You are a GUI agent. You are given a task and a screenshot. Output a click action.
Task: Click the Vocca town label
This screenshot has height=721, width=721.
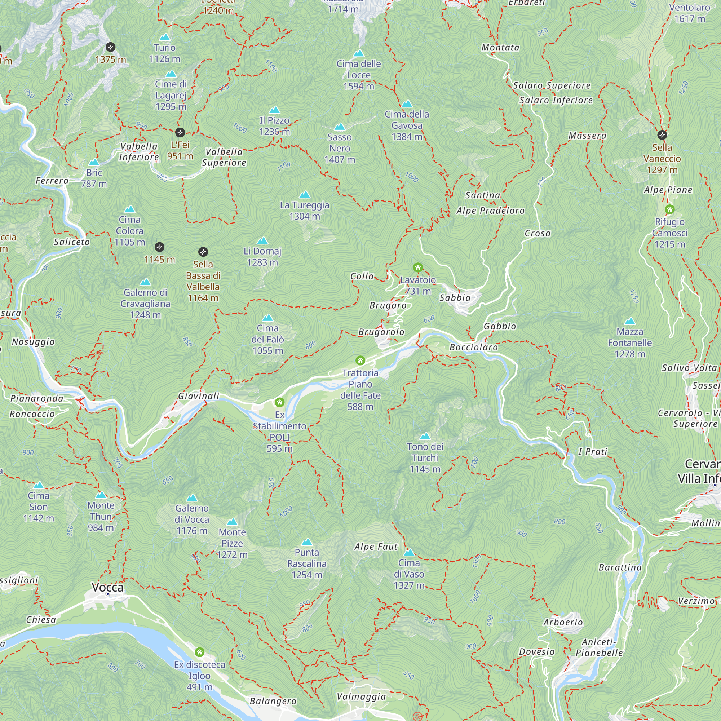pos(107,587)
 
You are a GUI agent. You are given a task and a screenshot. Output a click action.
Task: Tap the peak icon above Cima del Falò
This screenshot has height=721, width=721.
pos(267,318)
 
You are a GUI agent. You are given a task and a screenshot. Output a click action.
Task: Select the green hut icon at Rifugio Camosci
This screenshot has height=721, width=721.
pos(669,209)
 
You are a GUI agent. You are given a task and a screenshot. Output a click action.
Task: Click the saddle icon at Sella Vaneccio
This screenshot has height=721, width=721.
pos(662,135)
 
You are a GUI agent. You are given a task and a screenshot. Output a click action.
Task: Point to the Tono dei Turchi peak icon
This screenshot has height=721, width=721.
pos(425,436)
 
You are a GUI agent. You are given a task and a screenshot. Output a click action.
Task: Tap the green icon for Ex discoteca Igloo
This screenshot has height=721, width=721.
pos(200,652)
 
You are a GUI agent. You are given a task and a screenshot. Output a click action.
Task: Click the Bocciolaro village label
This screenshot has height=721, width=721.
pos(474,348)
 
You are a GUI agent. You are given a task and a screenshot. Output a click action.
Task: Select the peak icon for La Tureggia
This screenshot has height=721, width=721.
pos(305,195)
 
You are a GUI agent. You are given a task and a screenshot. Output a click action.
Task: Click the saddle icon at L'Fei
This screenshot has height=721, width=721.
pos(180,132)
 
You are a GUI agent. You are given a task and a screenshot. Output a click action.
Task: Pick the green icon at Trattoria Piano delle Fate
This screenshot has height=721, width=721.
pos(360,360)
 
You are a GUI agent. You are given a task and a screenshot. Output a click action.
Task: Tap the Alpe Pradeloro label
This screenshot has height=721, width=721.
pos(490,211)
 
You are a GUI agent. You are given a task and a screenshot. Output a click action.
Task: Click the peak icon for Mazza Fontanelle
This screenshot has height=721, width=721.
pos(630,321)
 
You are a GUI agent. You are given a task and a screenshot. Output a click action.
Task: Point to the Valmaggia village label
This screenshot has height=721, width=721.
pos(361,696)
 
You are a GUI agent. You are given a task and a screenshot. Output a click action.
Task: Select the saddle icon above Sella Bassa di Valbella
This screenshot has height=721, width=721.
pos(203,252)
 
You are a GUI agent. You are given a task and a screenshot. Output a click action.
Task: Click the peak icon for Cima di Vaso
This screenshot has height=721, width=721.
pos(409,552)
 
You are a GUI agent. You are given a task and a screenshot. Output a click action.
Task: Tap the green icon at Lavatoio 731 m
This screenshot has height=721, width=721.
pos(417,267)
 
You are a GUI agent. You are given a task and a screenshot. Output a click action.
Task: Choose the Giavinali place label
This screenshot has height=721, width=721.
pos(199,396)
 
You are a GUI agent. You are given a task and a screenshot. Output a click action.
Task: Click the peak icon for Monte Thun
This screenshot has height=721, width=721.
pos(101,495)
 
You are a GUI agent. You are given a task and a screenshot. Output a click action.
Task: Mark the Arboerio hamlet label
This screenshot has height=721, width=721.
pos(563,622)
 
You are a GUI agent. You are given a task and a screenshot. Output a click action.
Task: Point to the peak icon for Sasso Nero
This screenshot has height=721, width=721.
pos(340,127)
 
